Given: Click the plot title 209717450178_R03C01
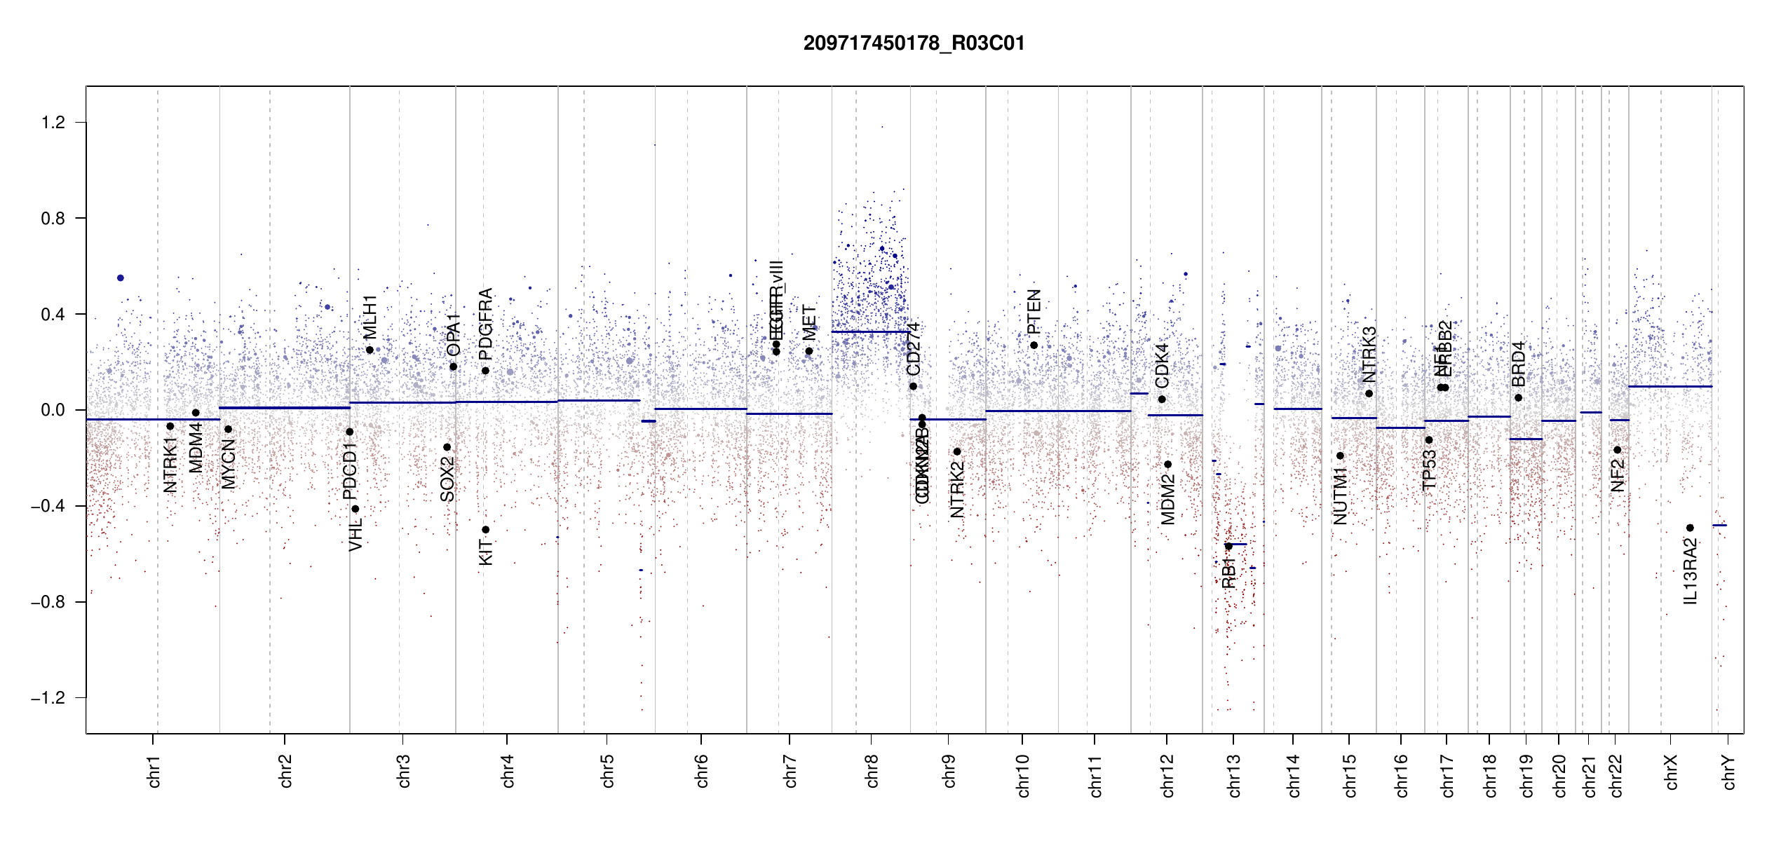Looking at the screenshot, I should point(914,43).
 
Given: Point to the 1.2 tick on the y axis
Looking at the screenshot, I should point(53,123).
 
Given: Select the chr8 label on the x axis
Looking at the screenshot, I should point(872,771).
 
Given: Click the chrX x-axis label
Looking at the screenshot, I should point(1671,772).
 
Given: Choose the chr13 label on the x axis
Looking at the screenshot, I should point(1233,775).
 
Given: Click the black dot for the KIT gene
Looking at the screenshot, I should point(485,530).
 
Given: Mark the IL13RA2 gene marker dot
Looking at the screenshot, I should point(1690,528).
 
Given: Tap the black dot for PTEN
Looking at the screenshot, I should point(1034,346).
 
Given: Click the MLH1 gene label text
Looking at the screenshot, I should point(370,317).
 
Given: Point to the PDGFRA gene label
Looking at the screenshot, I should point(485,323).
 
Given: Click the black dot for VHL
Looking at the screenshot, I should point(355,510).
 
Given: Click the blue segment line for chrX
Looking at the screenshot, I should point(1670,386).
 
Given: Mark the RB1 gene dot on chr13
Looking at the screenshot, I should point(1228,546).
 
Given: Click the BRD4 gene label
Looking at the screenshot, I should point(1518,364).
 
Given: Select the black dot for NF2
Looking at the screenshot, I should point(1618,450).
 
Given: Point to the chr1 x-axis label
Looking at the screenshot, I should point(154,771).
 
